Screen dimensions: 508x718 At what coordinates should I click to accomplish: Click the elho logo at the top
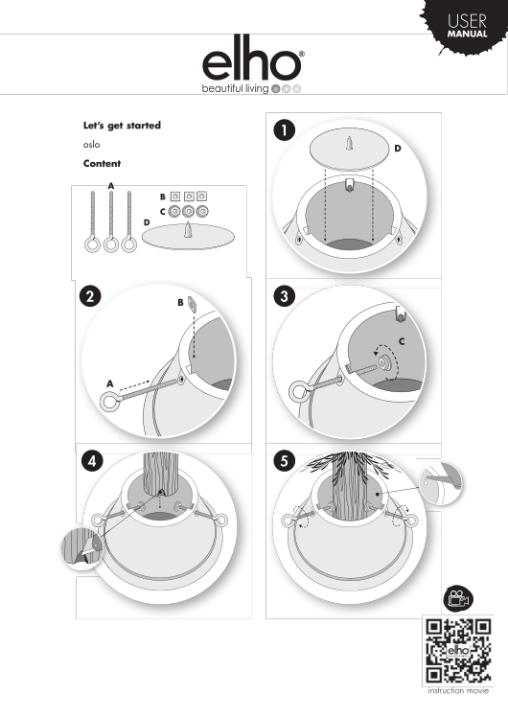pyautogui.click(x=253, y=64)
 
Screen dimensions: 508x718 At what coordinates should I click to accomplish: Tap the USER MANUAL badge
pyautogui.click(x=467, y=27)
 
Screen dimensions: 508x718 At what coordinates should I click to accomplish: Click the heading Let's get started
pyautogui.click(x=122, y=126)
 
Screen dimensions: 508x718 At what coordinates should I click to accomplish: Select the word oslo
pyautogui.click(x=91, y=145)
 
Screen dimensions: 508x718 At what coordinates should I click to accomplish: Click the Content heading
pyautogui.click(x=102, y=164)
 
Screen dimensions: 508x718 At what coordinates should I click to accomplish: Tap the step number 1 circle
pyautogui.click(x=285, y=130)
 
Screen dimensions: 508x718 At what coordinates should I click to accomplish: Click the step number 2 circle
pyautogui.click(x=90, y=296)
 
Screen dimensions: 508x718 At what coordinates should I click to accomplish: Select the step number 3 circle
pyautogui.click(x=285, y=296)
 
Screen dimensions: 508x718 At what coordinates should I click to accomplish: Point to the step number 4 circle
pyautogui.click(x=92, y=461)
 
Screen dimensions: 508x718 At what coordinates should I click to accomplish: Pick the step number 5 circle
pyautogui.click(x=285, y=461)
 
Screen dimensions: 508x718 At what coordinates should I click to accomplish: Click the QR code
pyautogui.click(x=458, y=651)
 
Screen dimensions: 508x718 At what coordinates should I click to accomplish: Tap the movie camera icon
pyautogui.click(x=458, y=599)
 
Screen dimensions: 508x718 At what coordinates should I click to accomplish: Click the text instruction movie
pyautogui.click(x=458, y=690)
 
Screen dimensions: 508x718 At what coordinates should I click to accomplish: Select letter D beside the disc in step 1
pyautogui.click(x=398, y=149)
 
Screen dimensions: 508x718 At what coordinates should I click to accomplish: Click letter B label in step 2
pyautogui.click(x=181, y=303)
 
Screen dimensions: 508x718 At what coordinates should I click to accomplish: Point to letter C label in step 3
pyautogui.click(x=402, y=341)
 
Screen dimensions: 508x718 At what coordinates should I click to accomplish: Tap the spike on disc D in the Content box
pyautogui.click(x=188, y=229)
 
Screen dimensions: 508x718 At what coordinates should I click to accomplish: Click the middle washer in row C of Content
pyautogui.click(x=188, y=211)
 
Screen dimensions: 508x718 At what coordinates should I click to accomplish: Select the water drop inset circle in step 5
pyautogui.click(x=441, y=483)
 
